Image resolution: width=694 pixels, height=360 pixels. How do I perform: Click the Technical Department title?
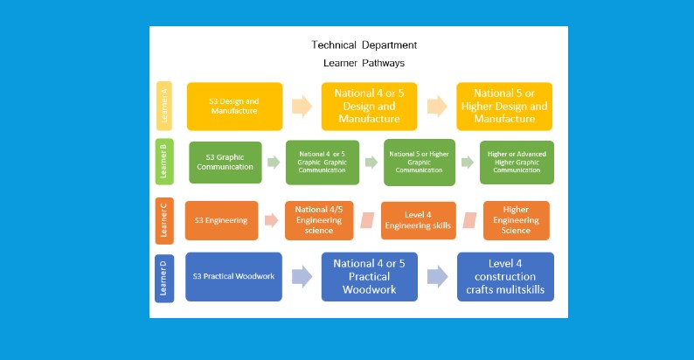(x=364, y=45)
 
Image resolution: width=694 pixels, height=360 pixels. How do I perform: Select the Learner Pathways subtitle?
(x=364, y=63)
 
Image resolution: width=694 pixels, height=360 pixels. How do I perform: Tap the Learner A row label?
(x=163, y=106)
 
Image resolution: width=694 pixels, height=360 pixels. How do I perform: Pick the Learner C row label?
(x=163, y=219)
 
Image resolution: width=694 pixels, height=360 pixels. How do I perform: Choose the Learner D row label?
(x=163, y=277)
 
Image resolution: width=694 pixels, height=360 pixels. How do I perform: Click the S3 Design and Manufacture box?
(x=234, y=107)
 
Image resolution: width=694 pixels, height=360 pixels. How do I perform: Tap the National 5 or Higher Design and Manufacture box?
(x=504, y=106)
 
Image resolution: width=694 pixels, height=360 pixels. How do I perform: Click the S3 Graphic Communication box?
(x=226, y=163)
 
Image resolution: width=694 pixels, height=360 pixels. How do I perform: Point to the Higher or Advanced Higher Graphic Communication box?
(x=517, y=162)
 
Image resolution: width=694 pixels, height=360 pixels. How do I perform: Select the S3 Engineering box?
(x=222, y=220)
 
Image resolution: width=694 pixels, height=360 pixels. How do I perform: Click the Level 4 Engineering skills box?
(x=419, y=220)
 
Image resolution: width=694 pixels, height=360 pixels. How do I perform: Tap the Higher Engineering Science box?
(x=516, y=220)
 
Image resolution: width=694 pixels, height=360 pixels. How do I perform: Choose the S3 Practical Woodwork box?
(x=233, y=276)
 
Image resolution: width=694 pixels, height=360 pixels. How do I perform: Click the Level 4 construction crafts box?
(x=505, y=276)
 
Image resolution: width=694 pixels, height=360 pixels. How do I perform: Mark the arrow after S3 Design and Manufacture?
(x=302, y=107)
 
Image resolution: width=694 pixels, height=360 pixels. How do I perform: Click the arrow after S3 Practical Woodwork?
(x=302, y=277)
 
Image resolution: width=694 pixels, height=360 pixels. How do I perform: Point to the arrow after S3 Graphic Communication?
(x=274, y=163)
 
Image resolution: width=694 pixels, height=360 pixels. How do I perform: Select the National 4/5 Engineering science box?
(x=319, y=220)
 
